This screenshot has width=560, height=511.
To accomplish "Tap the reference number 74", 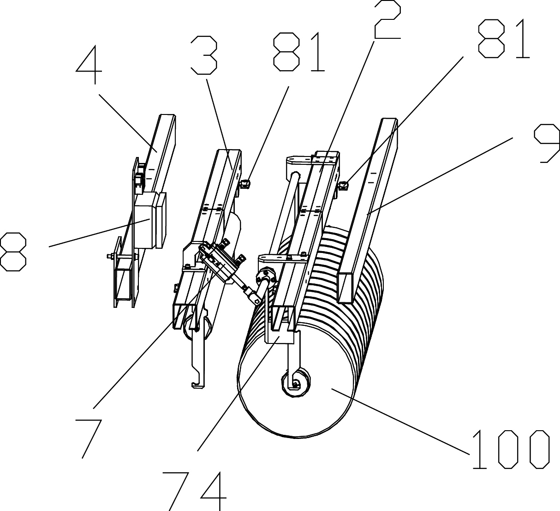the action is coord(198,491).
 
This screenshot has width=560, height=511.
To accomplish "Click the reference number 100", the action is coord(510,449).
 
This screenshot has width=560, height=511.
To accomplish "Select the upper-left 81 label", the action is coord(299,52).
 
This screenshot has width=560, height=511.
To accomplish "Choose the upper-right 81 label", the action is coord(503,39).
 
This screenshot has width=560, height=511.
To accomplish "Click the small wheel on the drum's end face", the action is coord(295,383).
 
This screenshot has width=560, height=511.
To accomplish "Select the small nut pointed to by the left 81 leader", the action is coord(245,184).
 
